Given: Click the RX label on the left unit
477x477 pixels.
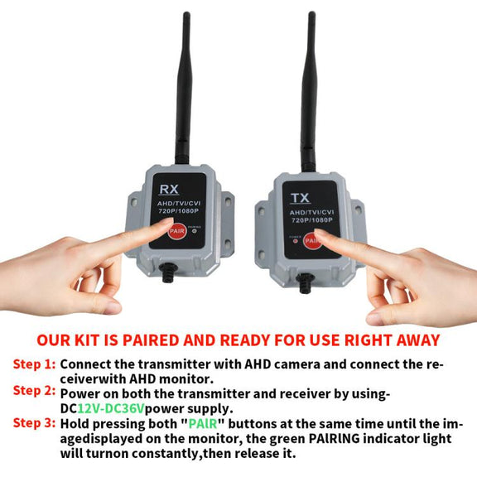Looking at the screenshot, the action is (x=169, y=189).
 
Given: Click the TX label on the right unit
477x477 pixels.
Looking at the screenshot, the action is (x=301, y=198).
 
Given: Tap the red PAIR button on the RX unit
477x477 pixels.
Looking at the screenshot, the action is (x=177, y=231).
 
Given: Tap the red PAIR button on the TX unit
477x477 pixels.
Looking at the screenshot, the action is (x=311, y=241).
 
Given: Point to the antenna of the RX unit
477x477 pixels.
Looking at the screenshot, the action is (x=185, y=89).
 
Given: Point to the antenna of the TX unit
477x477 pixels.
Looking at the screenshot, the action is (x=310, y=91).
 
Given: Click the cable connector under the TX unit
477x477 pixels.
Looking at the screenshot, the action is (x=305, y=283).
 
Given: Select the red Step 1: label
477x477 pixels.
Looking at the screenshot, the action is (x=35, y=364).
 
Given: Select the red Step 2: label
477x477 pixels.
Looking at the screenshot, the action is (x=35, y=391).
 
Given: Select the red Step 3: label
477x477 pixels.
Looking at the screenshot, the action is (x=35, y=423).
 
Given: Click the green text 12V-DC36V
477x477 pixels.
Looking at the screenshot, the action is (x=110, y=408).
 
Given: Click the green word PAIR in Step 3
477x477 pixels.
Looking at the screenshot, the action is (x=203, y=423).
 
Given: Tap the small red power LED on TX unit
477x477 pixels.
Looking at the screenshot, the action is (x=295, y=241).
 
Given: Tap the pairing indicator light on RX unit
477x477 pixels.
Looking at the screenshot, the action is (x=195, y=230).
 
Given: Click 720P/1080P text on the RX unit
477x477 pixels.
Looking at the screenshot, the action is (x=179, y=210).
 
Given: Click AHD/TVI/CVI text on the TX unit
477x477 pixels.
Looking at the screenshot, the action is (x=311, y=212).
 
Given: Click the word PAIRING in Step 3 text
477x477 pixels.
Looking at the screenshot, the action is (x=334, y=438).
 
